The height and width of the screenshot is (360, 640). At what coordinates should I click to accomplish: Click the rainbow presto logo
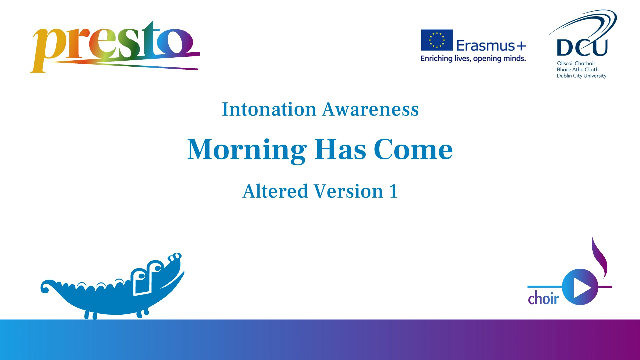pyautogui.click(x=115, y=47)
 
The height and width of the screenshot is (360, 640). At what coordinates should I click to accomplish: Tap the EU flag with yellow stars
pyautogui.click(x=437, y=40)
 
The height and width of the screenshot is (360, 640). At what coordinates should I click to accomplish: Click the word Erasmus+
pyautogui.click(x=491, y=45)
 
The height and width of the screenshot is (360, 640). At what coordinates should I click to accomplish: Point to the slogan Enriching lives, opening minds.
pyautogui.click(x=473, y=59)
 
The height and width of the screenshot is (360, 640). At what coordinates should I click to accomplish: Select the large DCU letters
pyautogui.click(x=582, y=48)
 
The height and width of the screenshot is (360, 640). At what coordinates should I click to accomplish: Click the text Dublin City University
pyautogui.click(x=581, y=76)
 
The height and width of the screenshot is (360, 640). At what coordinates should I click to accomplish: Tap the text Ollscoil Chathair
pyautogui.click(x=576, y=63)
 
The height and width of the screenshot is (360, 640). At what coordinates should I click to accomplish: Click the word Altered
pyautogui.click(x=275, y=191)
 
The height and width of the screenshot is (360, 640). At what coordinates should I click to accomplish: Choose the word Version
pyautogui.click(x=349, y=191)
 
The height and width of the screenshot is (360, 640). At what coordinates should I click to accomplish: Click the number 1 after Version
pyautogui.click(x=393, y=191)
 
